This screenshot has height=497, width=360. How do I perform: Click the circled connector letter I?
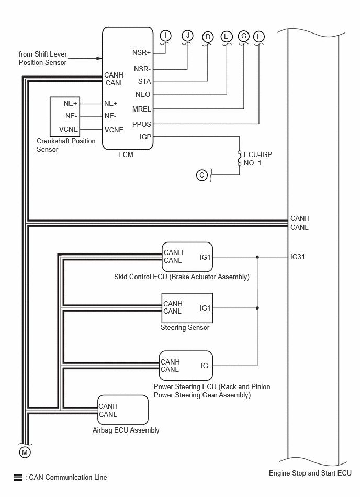tap(165, 36)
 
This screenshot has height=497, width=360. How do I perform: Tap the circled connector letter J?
tap(187, 36)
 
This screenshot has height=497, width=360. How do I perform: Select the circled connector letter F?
tap(259, 37)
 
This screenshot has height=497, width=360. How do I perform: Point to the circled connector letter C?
tap(201, 175)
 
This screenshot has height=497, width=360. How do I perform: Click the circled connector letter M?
tap(25, 452)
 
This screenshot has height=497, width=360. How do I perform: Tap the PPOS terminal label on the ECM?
tap(141, 124)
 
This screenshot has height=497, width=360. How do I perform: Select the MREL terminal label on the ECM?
tap(141, 109)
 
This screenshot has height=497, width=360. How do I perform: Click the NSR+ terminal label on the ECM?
tap(141, 52)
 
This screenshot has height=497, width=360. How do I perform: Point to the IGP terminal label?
tap(145, 137)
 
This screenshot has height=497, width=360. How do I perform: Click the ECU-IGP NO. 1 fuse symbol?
tap(239, 159)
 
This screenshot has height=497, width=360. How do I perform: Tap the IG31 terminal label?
tap(298, 257)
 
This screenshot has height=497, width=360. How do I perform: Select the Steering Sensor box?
tap(187, 308)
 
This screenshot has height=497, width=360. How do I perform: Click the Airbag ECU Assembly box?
tap(123, 410)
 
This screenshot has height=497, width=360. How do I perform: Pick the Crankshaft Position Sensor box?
tap(65, 117)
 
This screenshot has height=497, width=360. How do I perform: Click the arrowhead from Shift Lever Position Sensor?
tap(99, 58)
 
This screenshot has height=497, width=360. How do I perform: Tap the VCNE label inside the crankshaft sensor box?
tap(69, 130)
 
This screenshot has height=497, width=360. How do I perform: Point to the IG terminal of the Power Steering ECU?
tap(205, 366)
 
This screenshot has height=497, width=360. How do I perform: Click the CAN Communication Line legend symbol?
tap(18, 477)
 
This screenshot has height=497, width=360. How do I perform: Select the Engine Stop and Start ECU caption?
tap(310, 473)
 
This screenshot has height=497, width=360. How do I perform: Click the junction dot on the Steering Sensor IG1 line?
tap(257, 308)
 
